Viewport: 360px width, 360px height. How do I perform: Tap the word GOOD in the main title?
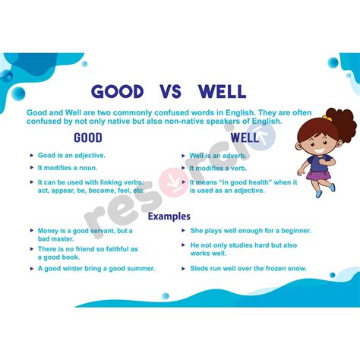click(117, 92)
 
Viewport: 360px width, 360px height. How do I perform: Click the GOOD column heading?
click(88, 138)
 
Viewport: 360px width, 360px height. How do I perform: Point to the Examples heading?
click(169, 216)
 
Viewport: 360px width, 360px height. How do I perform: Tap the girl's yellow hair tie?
click(328, 118)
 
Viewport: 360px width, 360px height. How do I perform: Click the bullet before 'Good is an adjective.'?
click(30, 155)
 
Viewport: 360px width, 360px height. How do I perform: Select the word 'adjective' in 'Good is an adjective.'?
click(88, 155)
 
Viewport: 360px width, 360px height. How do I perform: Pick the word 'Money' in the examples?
click(49, 230)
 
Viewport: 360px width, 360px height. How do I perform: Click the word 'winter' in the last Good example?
click(68, 268)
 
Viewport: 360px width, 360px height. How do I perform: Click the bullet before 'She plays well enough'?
click(183, 230)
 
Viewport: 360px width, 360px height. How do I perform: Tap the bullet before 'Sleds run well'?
click(183, 268)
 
